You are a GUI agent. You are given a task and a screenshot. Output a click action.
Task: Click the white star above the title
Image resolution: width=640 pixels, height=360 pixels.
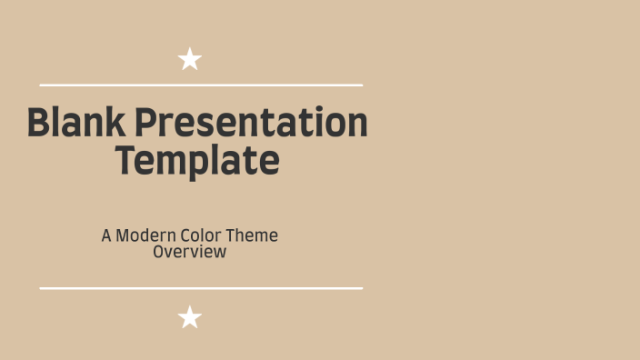pos(190,60)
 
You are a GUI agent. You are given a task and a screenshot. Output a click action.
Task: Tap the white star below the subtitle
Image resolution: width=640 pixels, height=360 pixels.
pos(190,317)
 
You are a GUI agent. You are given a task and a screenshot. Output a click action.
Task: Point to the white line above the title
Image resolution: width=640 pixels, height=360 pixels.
pos(201,85)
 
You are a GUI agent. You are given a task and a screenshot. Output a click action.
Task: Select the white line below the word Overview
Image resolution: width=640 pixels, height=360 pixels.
pos(201,288)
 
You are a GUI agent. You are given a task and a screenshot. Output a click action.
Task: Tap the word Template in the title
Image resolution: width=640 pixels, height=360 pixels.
pos(197,161)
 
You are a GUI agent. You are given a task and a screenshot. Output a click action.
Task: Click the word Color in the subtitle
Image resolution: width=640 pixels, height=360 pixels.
pos(200,235)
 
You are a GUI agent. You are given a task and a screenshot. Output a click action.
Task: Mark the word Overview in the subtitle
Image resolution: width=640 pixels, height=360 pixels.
pos(189,252)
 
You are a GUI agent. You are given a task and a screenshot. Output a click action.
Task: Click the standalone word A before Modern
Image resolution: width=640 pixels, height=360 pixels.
pos(106,235)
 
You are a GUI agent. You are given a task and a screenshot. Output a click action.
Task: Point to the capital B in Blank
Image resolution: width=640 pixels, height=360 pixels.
pos(37,123)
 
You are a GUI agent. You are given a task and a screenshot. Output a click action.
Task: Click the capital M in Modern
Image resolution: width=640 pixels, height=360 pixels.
pos(124,235)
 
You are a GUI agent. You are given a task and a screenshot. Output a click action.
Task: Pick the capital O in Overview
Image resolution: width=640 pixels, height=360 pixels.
pos(159,252)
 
